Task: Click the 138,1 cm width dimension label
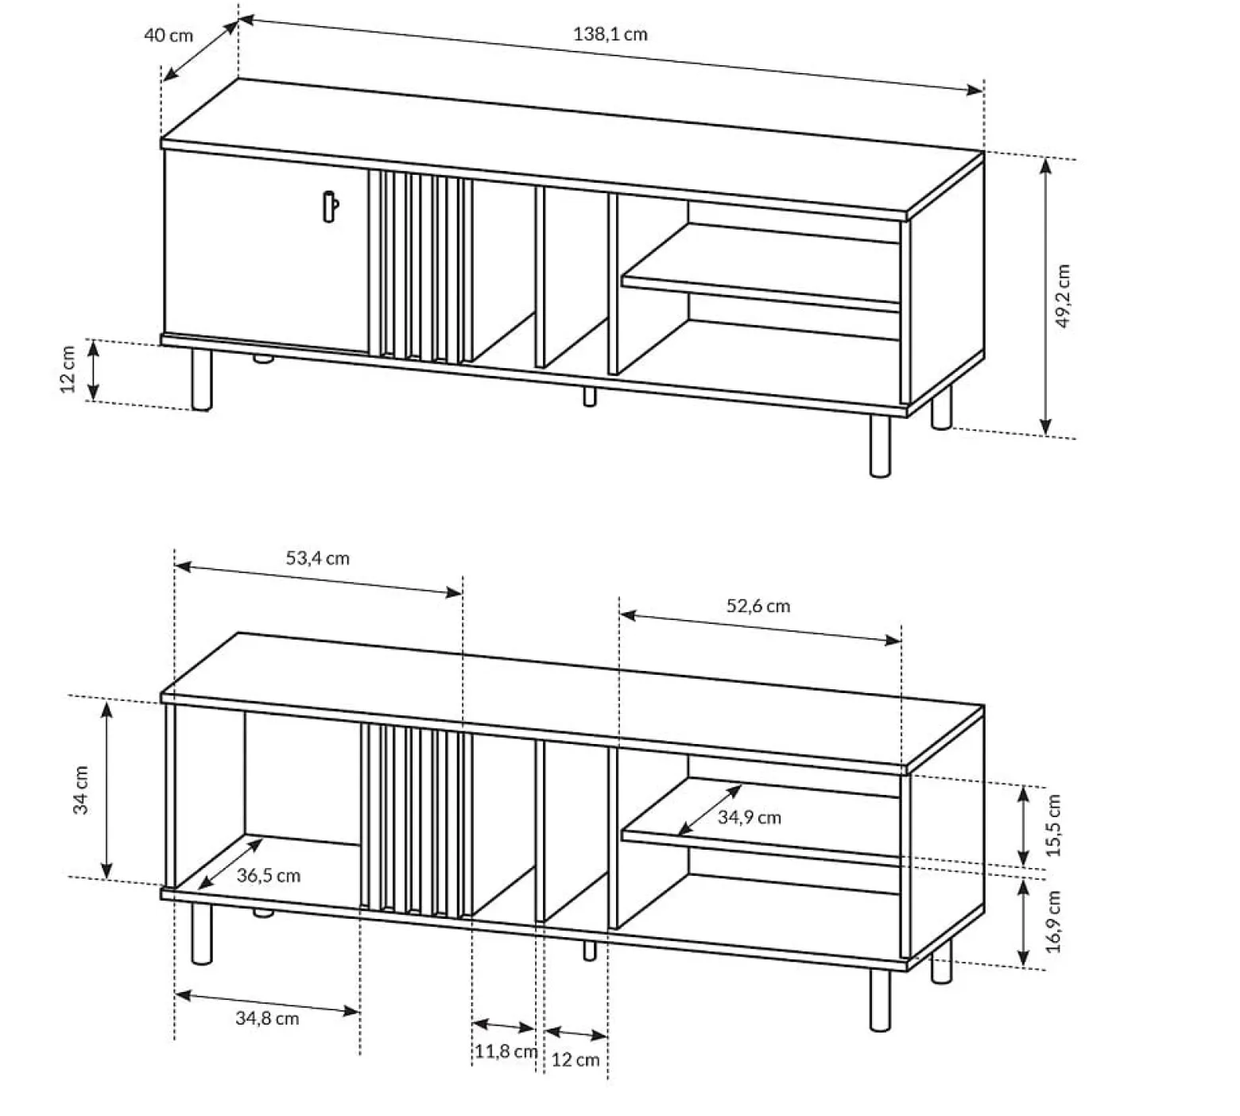610,34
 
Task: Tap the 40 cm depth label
169,36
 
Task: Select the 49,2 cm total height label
1064,296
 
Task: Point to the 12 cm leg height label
68,369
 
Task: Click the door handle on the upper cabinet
331,207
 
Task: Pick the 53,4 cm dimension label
318,558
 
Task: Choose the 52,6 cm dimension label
758,606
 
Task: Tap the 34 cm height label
80,790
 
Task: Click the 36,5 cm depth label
269,876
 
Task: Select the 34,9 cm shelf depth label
750,817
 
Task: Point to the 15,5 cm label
1053,825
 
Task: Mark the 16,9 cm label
1053,920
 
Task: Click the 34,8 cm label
267,1018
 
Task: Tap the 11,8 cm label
506,1052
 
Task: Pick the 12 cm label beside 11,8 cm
575,1060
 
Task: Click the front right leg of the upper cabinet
880,446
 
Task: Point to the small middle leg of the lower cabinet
589,950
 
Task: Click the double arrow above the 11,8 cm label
503,1025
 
